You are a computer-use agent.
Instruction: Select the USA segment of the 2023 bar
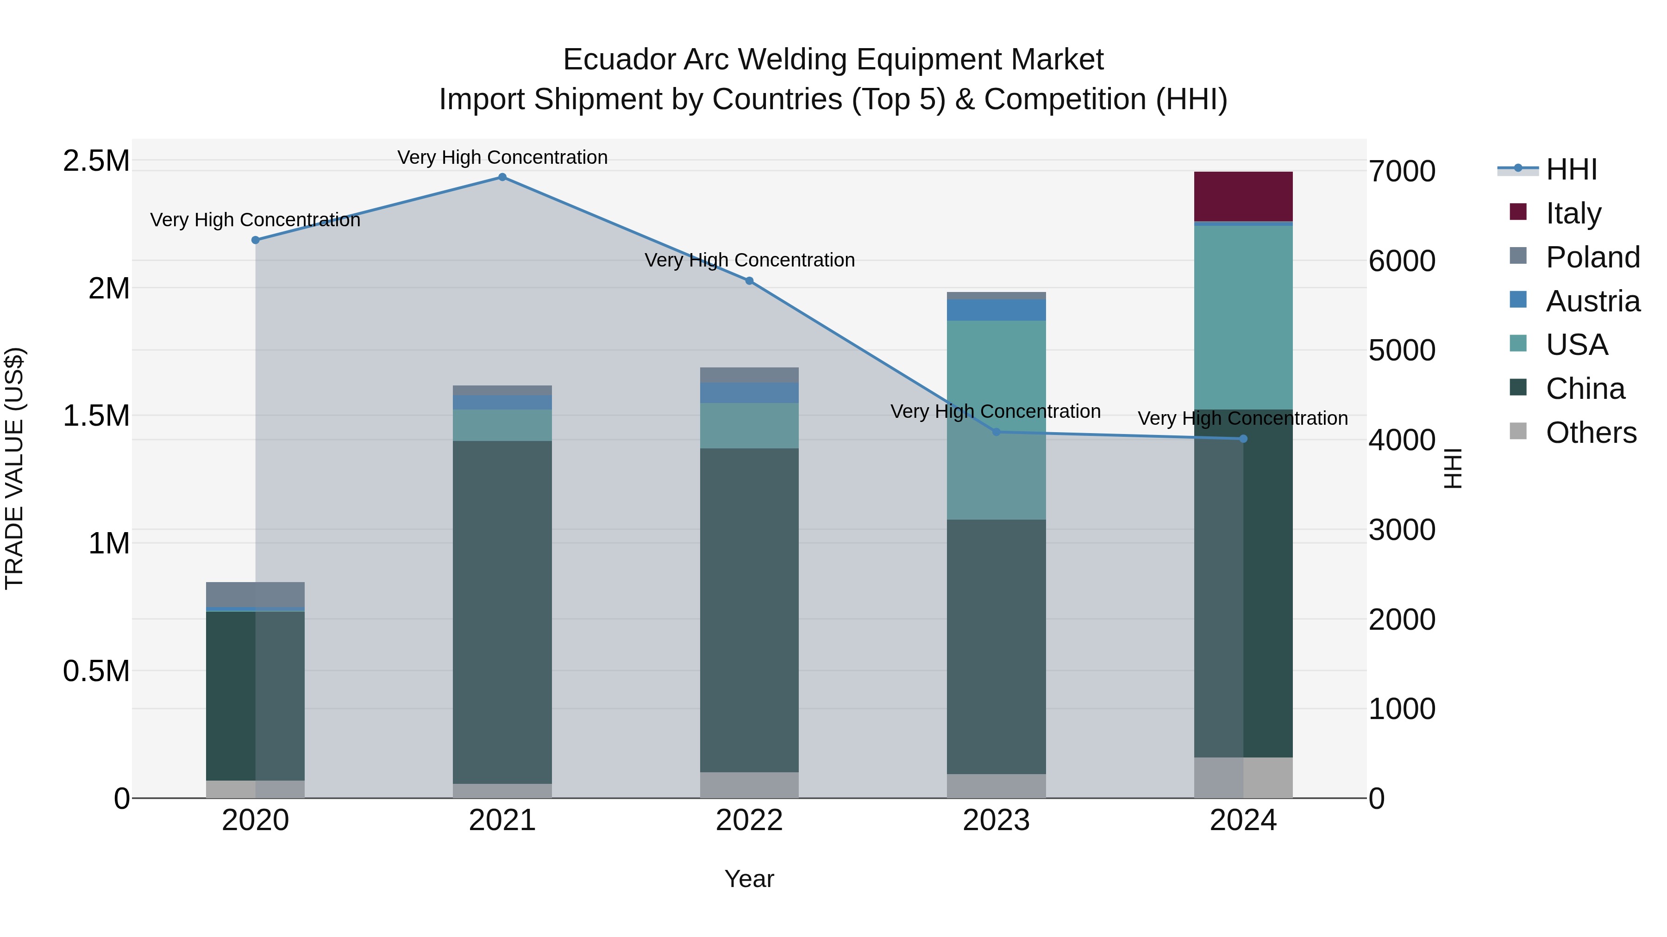click(996, 420)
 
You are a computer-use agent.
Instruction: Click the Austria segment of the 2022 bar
click(749, 392)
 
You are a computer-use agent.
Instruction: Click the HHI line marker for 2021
click(502, 177)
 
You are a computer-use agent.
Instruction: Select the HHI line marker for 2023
click(996, 432)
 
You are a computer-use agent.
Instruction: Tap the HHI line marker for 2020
click(255, 240)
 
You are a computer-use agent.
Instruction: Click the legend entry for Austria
click(1592, 301)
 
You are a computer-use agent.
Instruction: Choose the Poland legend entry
click(1592, 257)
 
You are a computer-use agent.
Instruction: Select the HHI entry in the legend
click(1571, 169)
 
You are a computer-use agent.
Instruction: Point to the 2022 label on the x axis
click(749, 820)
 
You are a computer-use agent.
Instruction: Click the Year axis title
click(749, 879)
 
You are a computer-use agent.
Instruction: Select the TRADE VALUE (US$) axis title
click(14, 468)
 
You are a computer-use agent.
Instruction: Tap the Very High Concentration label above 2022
click(749, 260)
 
